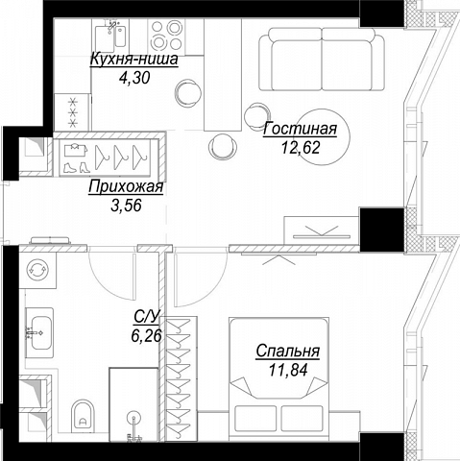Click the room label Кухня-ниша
(134, 60)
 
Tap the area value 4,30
(134, 78)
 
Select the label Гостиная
(300, 129)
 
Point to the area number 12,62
(301, 148)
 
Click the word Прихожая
(126, 187)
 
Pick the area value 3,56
(126, 206)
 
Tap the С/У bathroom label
(147, 317)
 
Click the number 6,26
(146, 336)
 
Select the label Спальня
(288, 352)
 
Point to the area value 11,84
(288, 370)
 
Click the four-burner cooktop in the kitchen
(165, 35)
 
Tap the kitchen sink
(110, 37)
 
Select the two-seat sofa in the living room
(322, 60)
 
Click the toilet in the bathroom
(83, 415)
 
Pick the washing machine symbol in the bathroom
(37, 270)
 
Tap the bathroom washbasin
(39, 333)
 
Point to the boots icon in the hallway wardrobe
(76, 167)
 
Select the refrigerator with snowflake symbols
(73, 111)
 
